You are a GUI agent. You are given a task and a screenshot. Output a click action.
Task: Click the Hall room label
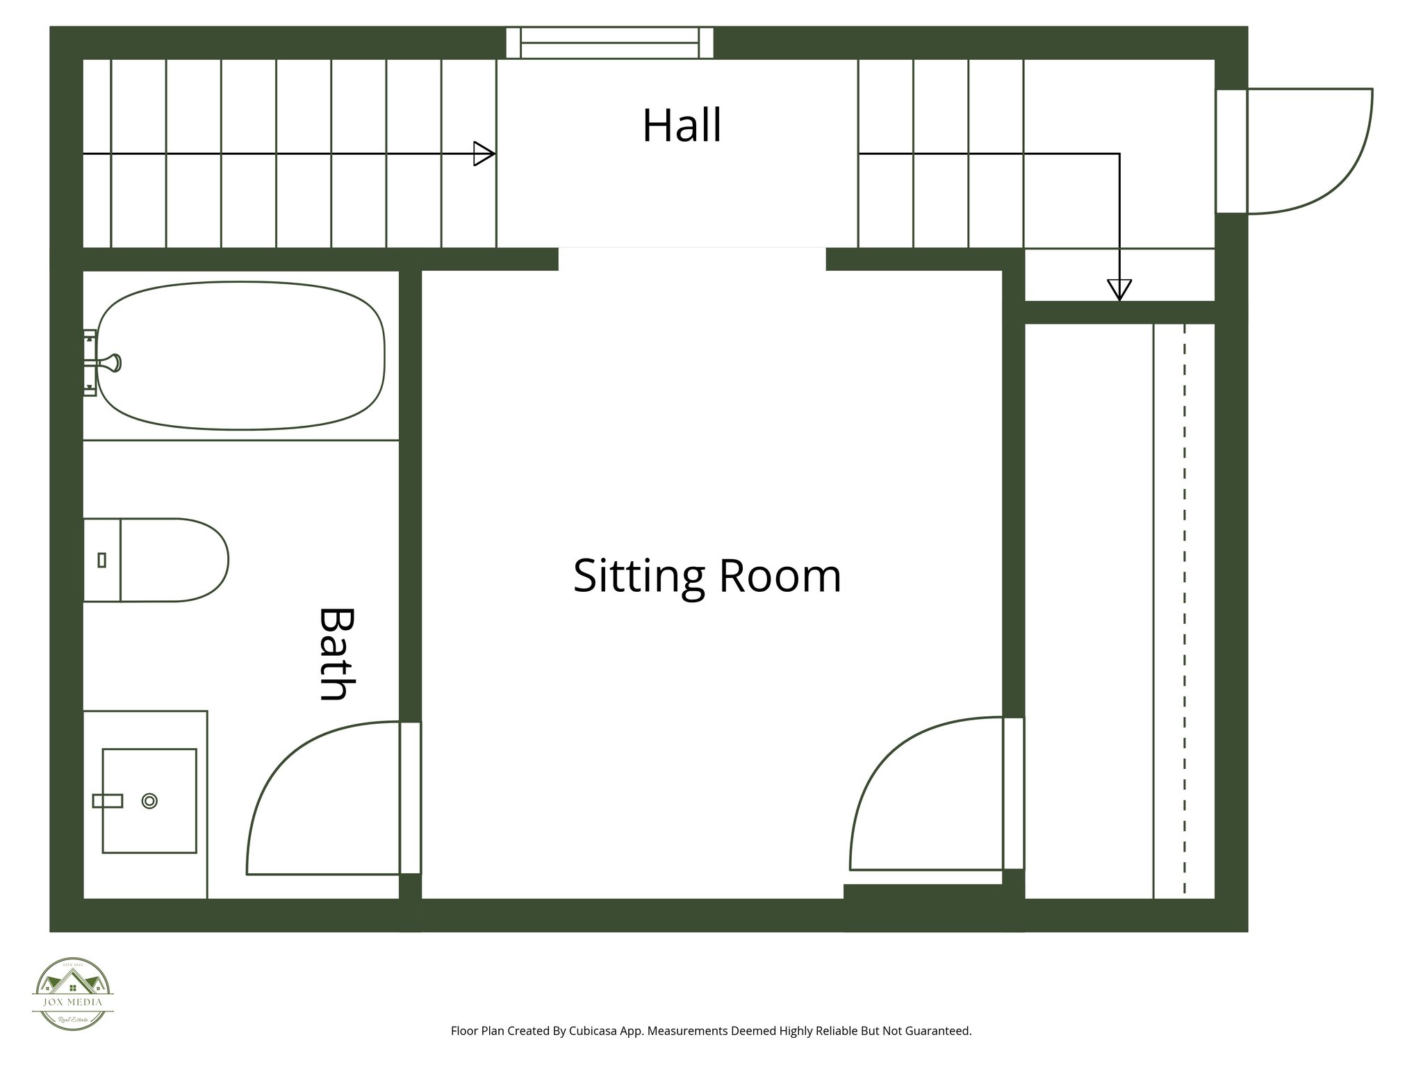[682, 126]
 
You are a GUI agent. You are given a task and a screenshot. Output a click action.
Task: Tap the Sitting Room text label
[707, 576]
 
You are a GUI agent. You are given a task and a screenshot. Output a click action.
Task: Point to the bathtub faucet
[110, 362]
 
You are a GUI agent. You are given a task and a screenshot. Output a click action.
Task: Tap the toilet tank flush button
[102, 560]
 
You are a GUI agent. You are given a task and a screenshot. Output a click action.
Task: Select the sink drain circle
[149, 801]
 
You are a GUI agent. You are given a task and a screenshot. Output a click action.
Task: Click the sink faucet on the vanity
[108, 801]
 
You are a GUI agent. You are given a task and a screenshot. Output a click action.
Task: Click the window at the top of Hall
[609, 43]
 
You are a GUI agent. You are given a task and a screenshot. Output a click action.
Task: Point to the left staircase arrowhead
[484, 154]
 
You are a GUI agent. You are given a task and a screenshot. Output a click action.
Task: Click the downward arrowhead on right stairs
[1119, 288]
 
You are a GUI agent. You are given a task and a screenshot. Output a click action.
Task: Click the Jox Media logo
[73, 993]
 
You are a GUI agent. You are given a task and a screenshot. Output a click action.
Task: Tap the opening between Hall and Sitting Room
[692, 258]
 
